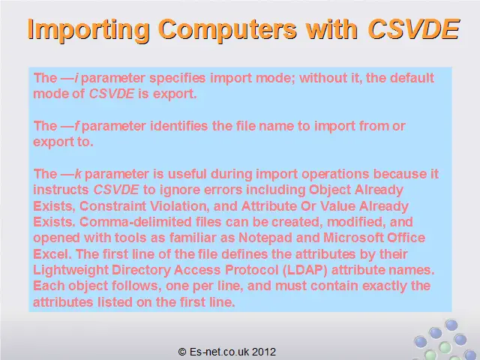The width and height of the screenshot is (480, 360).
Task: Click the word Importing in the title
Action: (88, 30)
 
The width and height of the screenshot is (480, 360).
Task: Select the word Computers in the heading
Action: (228, 29)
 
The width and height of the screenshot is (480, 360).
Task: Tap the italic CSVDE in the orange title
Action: (413, 29)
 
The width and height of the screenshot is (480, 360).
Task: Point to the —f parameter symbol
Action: (70, 126)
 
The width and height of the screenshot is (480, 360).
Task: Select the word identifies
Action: (178, 126)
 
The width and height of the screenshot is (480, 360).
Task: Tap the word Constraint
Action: (112, 206)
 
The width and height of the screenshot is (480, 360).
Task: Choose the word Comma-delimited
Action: (136, 222)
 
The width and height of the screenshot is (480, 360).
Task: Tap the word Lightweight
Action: (70, 270)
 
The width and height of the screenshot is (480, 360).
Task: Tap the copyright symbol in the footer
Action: (182, 352)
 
